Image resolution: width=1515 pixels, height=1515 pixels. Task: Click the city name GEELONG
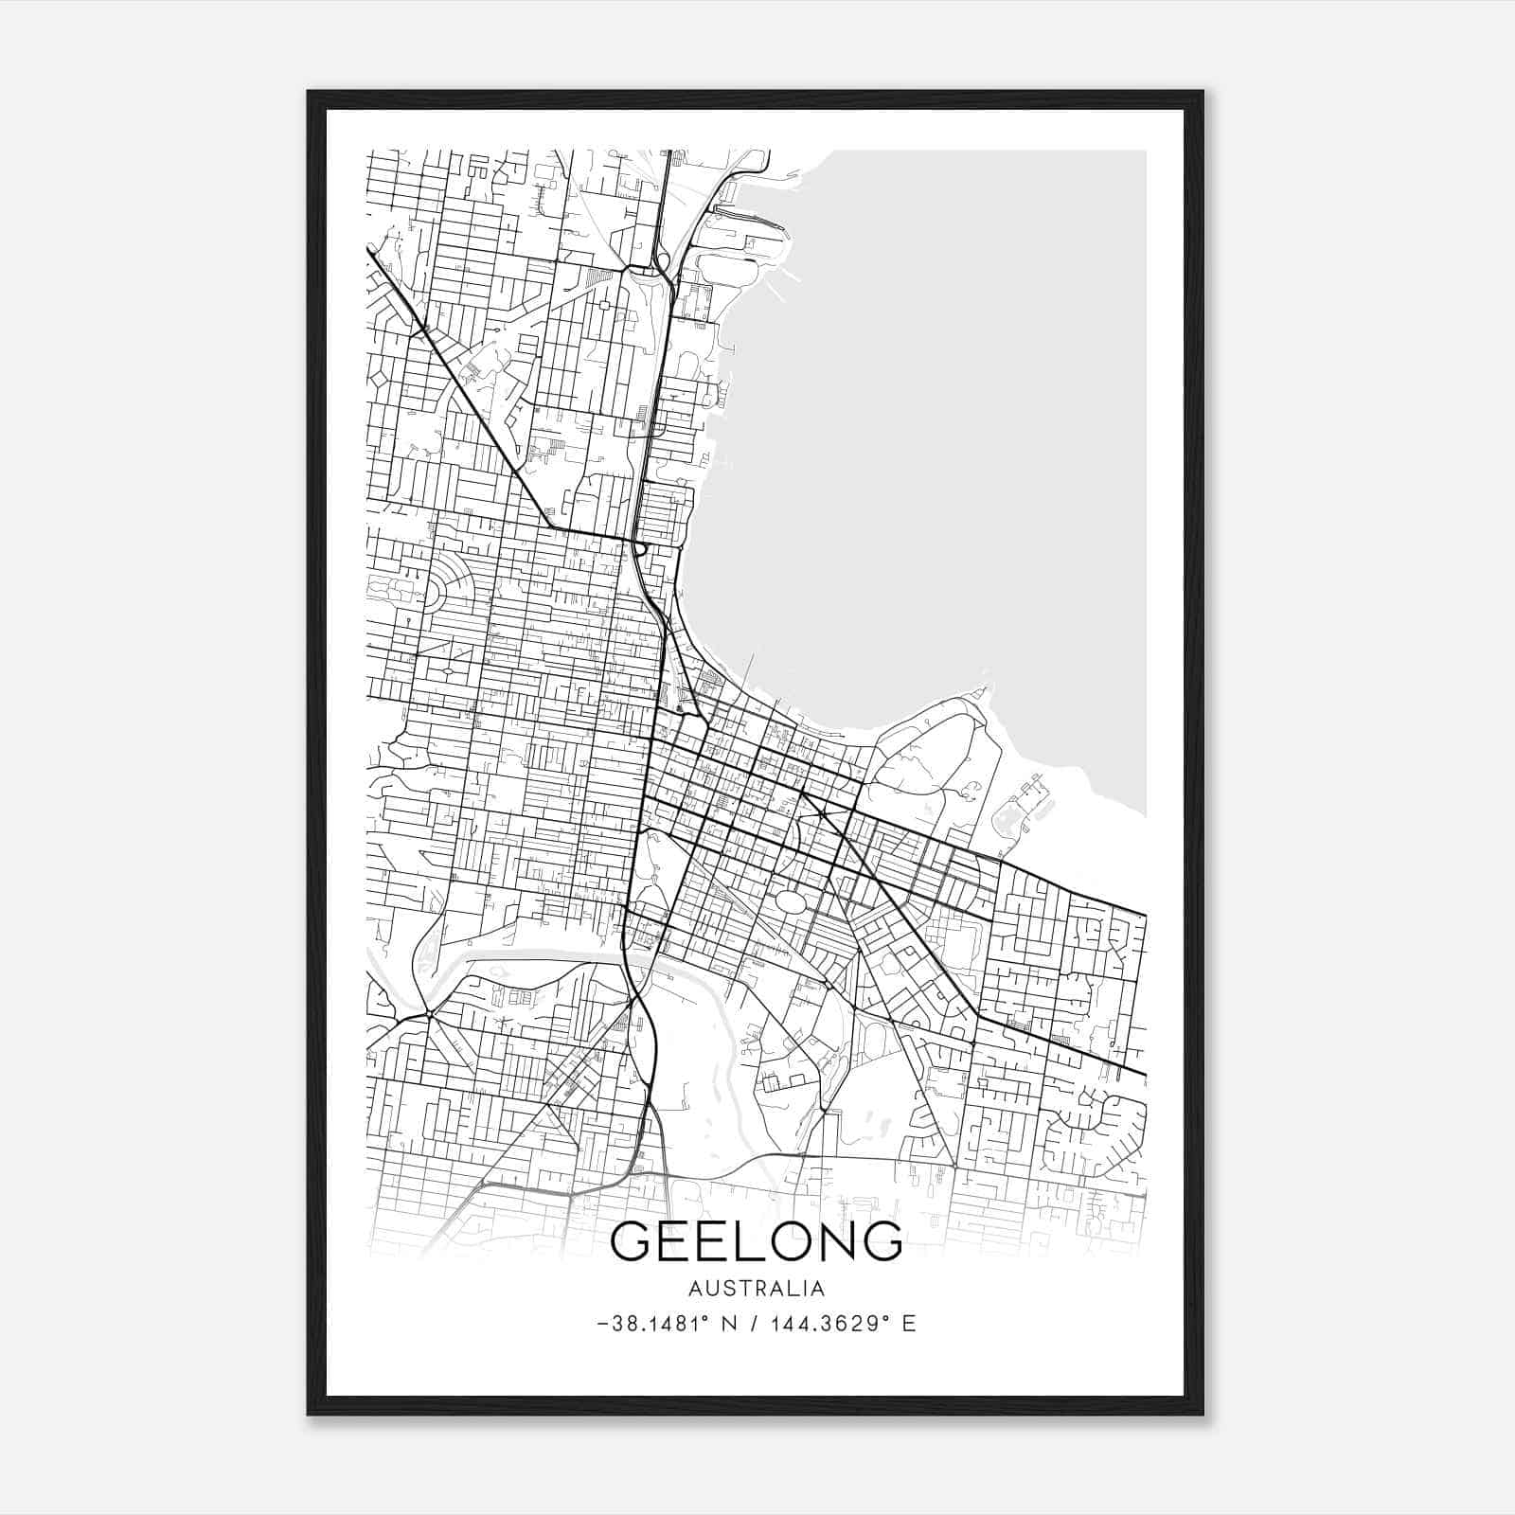pos(757,1241)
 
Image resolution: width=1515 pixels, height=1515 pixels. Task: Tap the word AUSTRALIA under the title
pos(757,1289)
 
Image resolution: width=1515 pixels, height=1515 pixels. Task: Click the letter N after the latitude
pos(728,1324)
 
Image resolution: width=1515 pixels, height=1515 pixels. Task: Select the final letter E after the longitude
pos(909,1324)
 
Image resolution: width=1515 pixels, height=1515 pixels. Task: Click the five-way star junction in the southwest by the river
pos(429,1014)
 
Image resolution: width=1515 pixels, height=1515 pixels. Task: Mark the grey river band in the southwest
pos(530,959)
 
